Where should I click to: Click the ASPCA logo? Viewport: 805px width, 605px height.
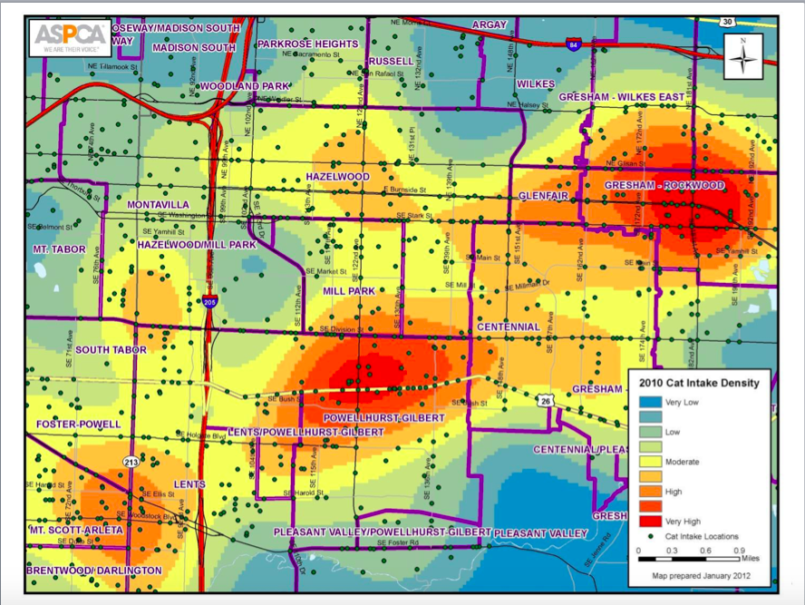click(71, 39)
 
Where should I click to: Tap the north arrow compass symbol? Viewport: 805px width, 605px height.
click(743, 56)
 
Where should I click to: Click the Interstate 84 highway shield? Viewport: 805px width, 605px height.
click(571, 43)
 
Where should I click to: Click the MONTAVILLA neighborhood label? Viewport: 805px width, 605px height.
click(159, 204)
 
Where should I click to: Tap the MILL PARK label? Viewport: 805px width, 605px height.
click(349, 291)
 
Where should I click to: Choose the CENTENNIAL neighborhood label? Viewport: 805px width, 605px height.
click(508, 327)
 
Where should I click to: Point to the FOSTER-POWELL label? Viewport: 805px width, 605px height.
click(78, 424)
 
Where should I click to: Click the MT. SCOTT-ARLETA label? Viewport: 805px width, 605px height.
click(75, 530)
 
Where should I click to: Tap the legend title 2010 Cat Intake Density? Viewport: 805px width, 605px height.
click(699, 383)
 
